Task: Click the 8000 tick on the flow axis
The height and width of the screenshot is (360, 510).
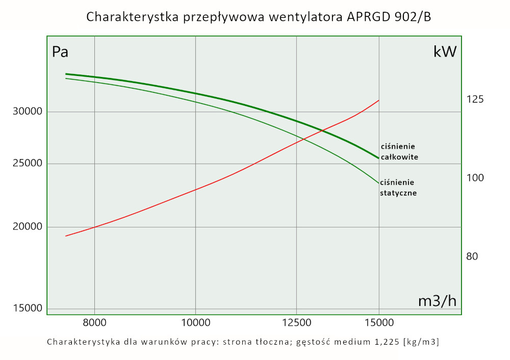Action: [x=94, y=322]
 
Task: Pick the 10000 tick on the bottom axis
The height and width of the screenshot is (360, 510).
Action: [x=196, y=322]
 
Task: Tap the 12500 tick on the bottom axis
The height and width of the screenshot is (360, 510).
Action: [x=296, y=322]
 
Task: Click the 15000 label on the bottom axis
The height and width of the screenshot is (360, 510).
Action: [x=379, y=322]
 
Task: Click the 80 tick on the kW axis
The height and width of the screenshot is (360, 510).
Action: [x=472, y=256]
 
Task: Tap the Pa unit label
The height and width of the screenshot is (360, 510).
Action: [x=60, y=52]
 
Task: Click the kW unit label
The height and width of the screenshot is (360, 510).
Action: [x=445, y=52]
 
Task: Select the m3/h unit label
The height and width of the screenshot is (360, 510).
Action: [x=437, y=301]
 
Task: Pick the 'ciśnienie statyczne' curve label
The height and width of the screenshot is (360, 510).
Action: [x=398, y=188]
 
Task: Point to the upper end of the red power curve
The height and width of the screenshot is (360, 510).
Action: [x=379, y=100]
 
